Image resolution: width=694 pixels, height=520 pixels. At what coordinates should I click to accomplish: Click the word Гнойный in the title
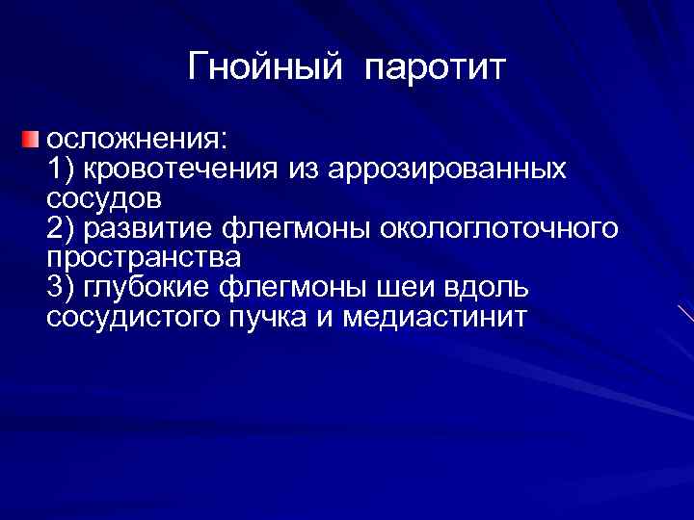[265, 67]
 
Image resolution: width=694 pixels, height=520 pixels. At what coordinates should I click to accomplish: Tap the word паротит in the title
[435, 67]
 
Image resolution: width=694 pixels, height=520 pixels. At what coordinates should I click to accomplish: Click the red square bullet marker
[32, 141]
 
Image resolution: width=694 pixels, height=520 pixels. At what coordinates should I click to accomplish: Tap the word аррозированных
[446, 169]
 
